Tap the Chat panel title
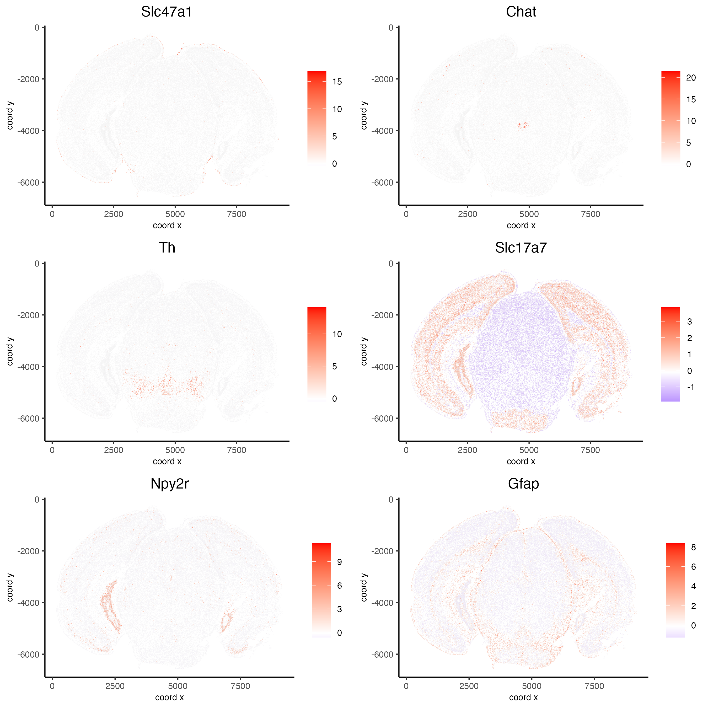coord(521,12)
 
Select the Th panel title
coord(167,248)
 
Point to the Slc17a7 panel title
coord(521,248)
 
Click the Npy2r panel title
coord(169,484)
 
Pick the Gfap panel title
coord(523,484)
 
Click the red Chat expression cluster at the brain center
coord(523,125)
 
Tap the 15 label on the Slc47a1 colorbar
coord(337,82)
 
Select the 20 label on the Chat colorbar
coord(691,78)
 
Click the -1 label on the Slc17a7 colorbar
coord(690,387)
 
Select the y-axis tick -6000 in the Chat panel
coord(382,183)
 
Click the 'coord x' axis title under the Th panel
coord(167,461)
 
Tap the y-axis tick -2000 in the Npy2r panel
coord(28,551)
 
